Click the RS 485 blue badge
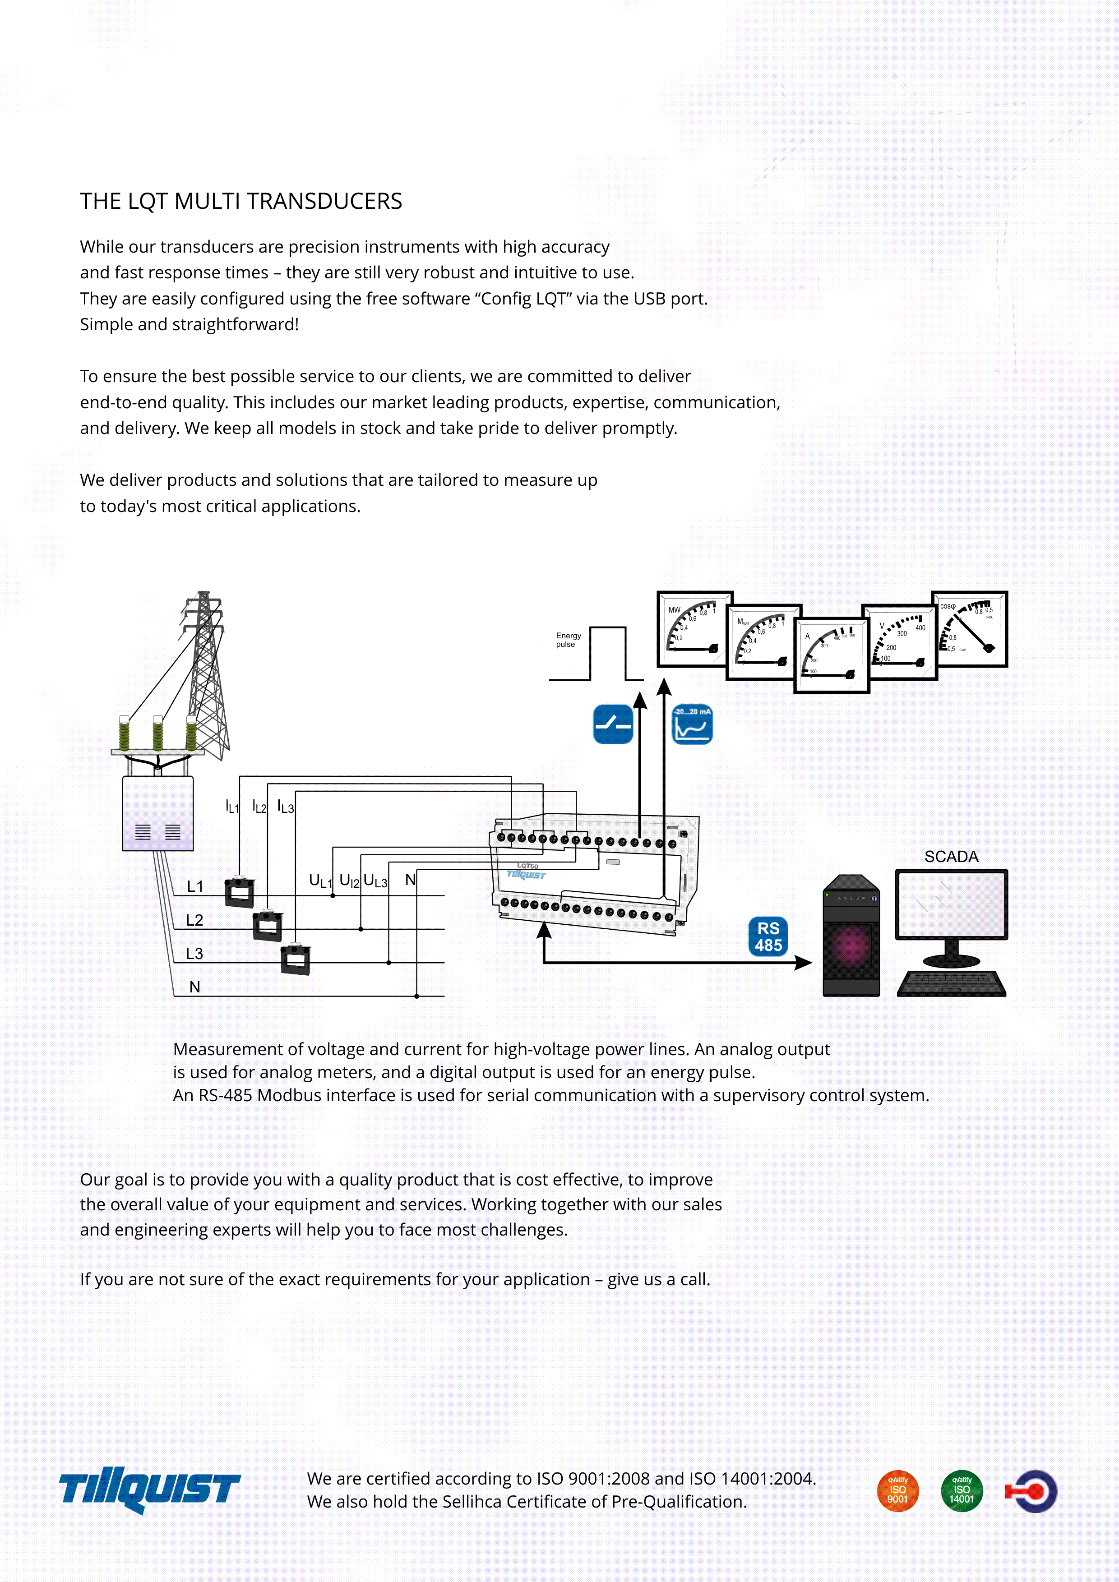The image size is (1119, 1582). tap(768, 936)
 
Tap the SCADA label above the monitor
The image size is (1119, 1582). tap(951, 857)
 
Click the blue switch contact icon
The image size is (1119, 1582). tap(613, 724)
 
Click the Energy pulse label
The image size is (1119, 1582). tap(569, 640)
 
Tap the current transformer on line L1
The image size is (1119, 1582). tap(240, 892)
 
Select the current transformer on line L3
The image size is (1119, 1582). tap(296, 959)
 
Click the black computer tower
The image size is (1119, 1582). tap(851, 935)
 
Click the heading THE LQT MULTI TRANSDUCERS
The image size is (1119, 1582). tap(241, 201)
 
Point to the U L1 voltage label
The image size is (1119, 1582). tap(320, 881)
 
